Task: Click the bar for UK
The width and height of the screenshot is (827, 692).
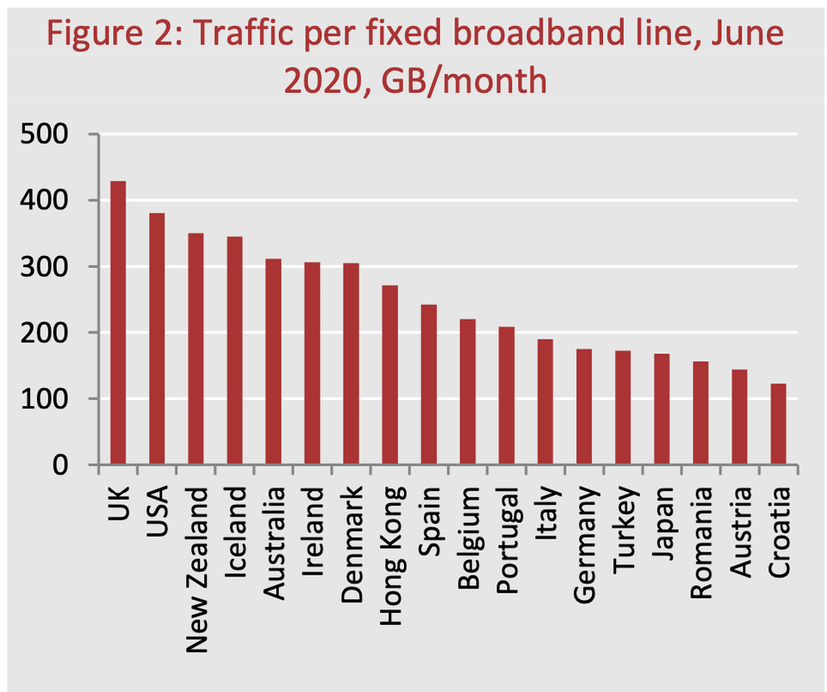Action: [117, 323]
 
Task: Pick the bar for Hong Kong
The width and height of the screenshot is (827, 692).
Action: [389, 375]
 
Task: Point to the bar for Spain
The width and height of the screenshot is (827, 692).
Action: [428, 384]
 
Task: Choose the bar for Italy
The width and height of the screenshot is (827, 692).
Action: [544, 402]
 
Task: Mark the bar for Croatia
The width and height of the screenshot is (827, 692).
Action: [778, 424]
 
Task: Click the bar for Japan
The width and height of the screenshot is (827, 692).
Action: [662, 409]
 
